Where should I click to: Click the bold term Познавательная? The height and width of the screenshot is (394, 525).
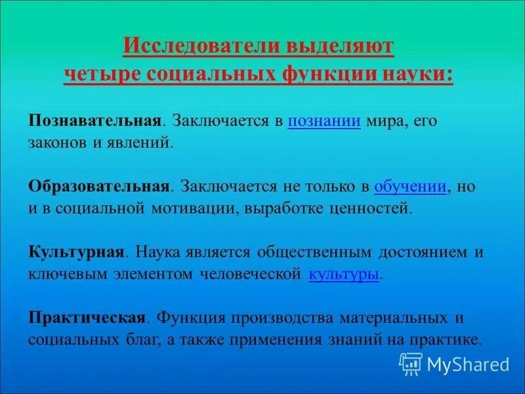coord(94,121)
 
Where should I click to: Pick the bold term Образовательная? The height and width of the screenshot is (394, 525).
coord(98,186)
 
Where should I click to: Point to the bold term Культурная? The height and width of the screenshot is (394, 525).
coord(76,252)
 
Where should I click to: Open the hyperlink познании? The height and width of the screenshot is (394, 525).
coord(324,121)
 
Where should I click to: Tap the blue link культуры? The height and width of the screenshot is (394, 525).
coord(343,274)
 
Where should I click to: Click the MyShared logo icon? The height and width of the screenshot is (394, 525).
coord(411,363)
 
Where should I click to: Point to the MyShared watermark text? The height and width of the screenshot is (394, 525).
coord(468,364)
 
